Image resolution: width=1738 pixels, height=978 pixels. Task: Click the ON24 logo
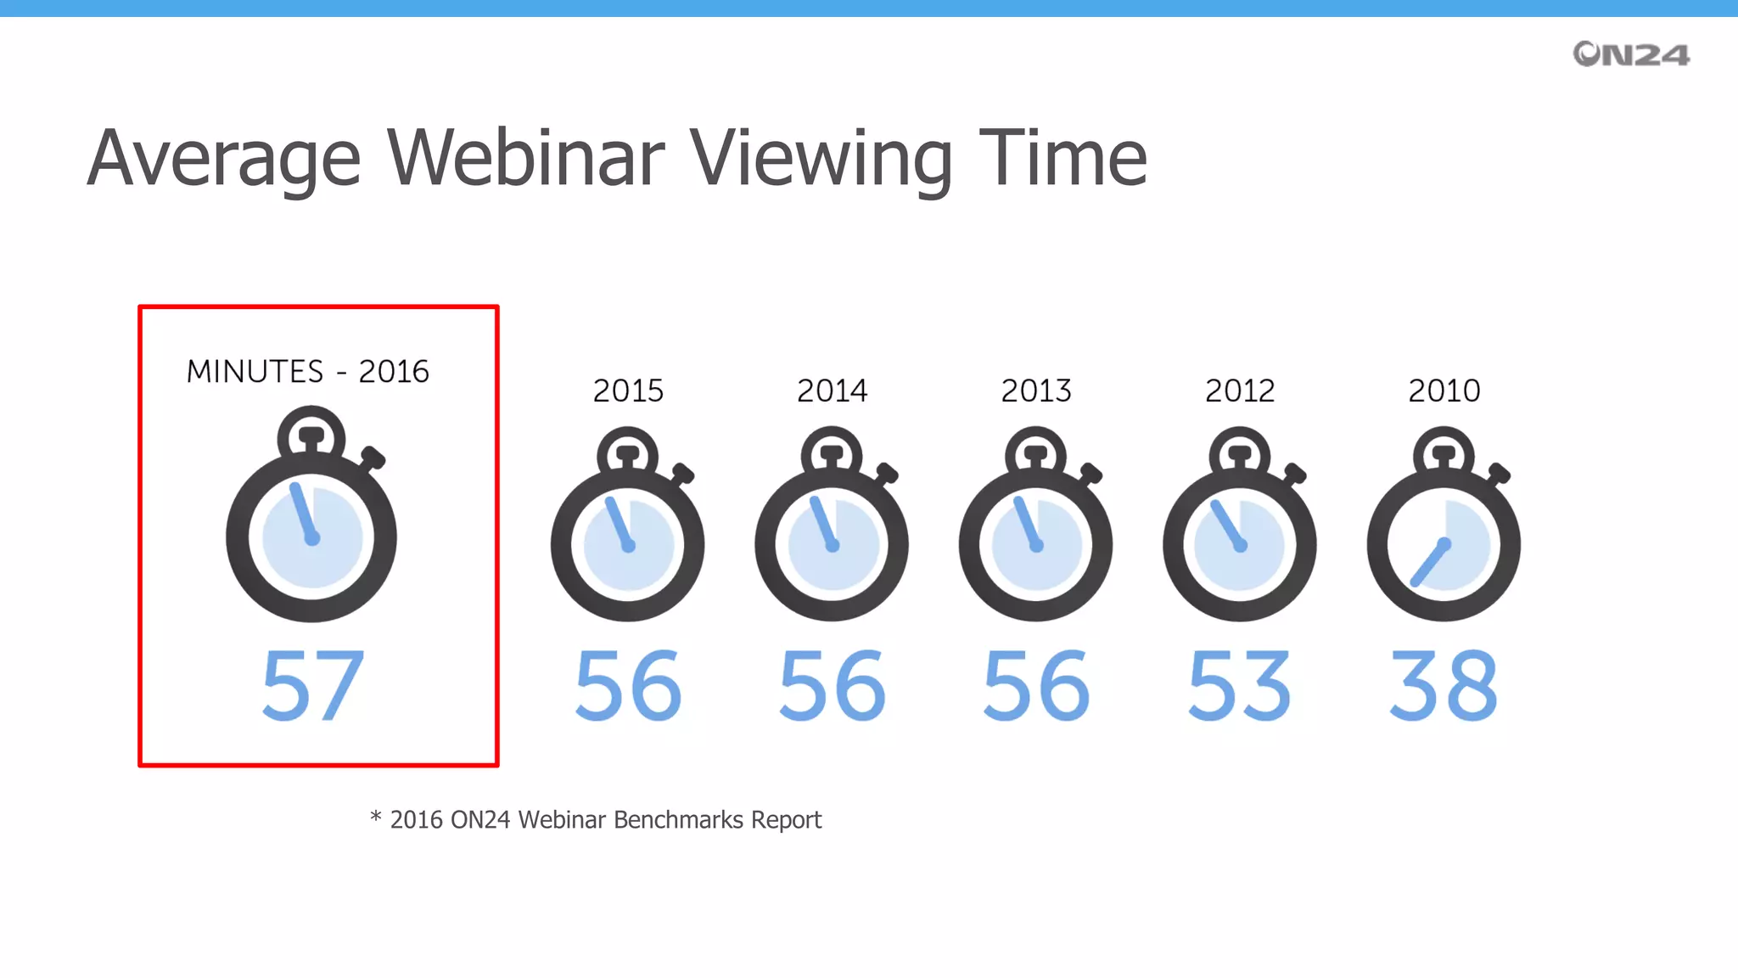click(x=1630, y=54)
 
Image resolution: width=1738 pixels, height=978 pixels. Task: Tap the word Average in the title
click(x=224, y=160)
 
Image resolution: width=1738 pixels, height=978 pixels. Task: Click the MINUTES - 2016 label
click(x=307, y=372)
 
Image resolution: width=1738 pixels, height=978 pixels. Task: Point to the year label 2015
click(x=628, y=391)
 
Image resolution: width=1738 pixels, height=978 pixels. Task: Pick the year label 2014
click(x=832, y=391)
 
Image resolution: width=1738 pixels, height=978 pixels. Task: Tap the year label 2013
click(x=1036, y=391)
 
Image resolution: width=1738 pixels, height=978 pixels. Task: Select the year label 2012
click(x=1240, y=391)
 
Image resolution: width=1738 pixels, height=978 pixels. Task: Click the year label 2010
click(x=1444, y=391)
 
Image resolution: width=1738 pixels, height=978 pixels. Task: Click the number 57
click(x=313, y=686)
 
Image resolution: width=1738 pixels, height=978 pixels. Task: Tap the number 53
click(x=1240, y=686)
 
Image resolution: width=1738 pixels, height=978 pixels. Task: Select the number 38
click(x=1444, y=686)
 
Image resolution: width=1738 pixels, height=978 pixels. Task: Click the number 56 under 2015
click(x=628, y=686)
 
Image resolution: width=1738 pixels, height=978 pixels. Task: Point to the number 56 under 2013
click(x=1036, y=686)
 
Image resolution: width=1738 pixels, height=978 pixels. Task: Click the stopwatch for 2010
click(x=1444, y=531)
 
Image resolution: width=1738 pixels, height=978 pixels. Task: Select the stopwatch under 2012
click(x=1240, y=531)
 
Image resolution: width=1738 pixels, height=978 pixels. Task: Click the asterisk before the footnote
click(x=376, y=817)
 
